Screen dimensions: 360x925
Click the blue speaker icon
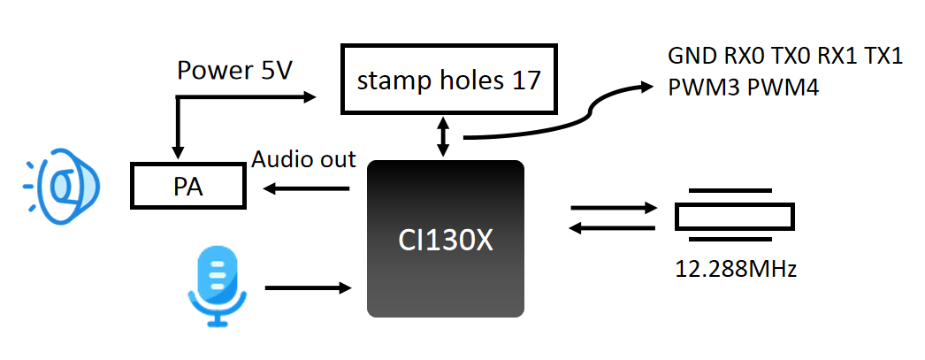[x=63, y=187]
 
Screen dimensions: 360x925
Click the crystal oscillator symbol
[x=733, y=216]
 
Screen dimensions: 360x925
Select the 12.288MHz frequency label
[x=734, y=269]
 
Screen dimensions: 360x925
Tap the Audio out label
[x=303, y=159]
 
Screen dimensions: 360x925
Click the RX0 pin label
[x=746, y=57]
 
